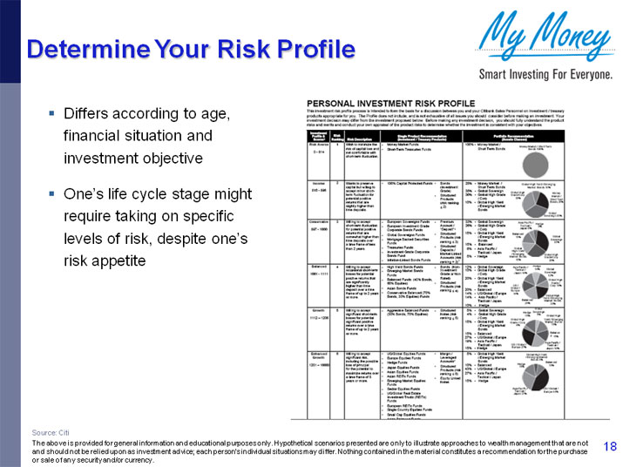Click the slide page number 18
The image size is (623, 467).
[609, 445]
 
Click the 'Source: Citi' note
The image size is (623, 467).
[51, 432]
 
